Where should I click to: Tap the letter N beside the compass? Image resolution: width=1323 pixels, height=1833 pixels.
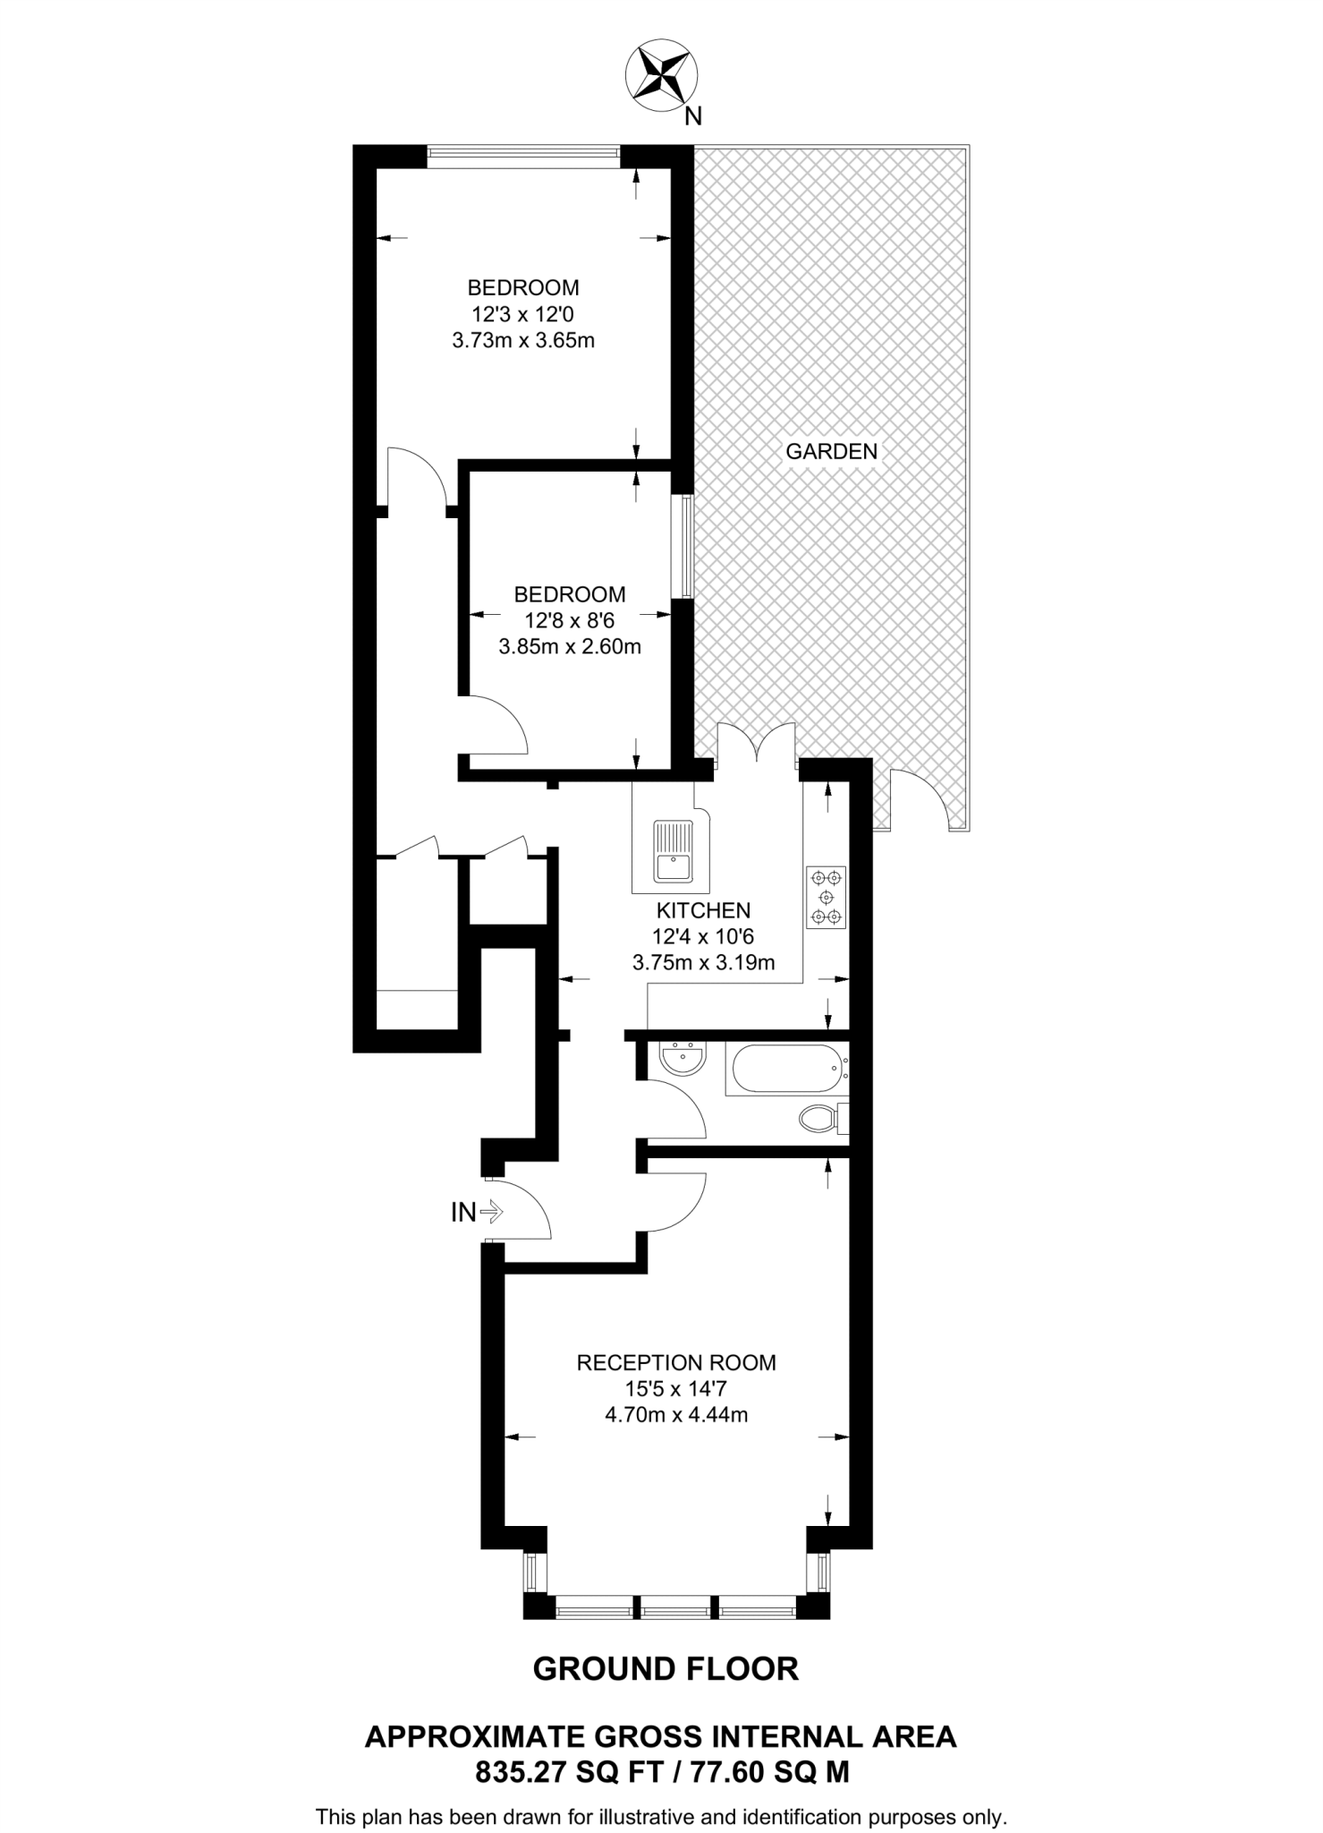tap(692, 116)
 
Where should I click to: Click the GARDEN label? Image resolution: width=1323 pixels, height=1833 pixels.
tap(831, 452)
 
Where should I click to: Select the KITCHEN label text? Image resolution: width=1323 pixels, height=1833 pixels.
tap(703, 911)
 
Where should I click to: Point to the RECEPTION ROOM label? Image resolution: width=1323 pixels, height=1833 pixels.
tap(676, 1363)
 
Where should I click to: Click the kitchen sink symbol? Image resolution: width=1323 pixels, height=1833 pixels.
tap(671, 850)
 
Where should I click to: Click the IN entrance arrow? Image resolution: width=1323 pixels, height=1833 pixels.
tap(491, 1213)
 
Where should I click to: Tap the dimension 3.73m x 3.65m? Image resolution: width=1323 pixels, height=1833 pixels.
tap(523, 341)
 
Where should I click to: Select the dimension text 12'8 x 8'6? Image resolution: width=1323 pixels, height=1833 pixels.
tap(570, 620)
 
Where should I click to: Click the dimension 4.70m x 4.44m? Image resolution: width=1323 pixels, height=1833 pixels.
tap(676, 1415)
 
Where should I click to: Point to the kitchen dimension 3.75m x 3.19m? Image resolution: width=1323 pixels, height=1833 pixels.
tap(703, 964)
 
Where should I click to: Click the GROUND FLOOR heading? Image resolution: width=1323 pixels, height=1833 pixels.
tap(666, 1669)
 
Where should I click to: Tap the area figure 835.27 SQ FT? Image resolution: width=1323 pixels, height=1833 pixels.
tap(564, 1772)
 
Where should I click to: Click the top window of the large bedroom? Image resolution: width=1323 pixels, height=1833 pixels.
tap(523, 156)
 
